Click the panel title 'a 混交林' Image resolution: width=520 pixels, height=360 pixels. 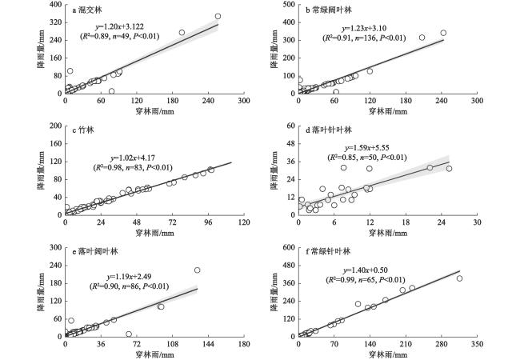pos(87,11)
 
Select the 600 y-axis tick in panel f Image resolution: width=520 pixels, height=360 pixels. pos(287,248)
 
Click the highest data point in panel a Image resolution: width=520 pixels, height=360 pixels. pos(218,16)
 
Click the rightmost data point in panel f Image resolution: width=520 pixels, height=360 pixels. pos(459,278)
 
